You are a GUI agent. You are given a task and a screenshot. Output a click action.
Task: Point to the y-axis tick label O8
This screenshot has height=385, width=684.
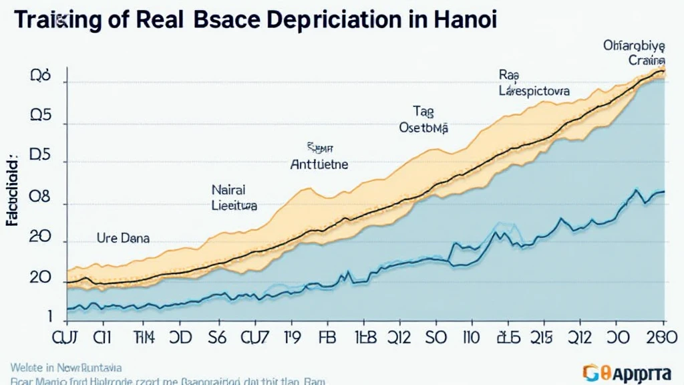coord(40,199)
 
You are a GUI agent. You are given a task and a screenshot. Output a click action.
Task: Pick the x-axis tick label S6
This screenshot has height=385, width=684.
coord(216,338)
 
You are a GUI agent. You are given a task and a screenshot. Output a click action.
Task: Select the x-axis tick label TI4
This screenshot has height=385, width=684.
coord(143,338)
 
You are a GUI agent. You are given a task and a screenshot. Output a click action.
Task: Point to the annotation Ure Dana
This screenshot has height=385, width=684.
coord(123,237)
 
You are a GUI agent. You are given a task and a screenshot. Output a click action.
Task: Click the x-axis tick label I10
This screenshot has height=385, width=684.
coord(474,338)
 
